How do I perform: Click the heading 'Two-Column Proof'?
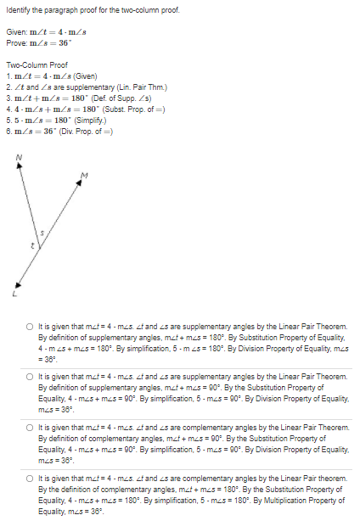34,64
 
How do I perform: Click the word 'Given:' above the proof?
17,31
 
